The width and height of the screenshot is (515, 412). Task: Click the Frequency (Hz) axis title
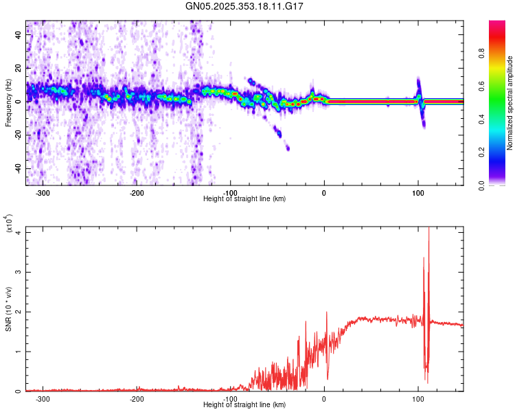8,103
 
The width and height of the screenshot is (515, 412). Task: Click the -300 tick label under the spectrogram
42,192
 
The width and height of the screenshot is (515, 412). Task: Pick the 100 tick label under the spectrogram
418,192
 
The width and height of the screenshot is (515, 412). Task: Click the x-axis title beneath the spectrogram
244,199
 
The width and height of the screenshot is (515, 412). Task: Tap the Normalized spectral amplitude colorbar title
510,103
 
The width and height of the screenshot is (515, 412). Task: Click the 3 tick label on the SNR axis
19,272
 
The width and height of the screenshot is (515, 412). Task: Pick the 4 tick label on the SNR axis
19,232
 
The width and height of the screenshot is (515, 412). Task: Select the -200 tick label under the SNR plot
136,398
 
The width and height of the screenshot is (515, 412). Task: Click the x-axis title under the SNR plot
244,405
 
